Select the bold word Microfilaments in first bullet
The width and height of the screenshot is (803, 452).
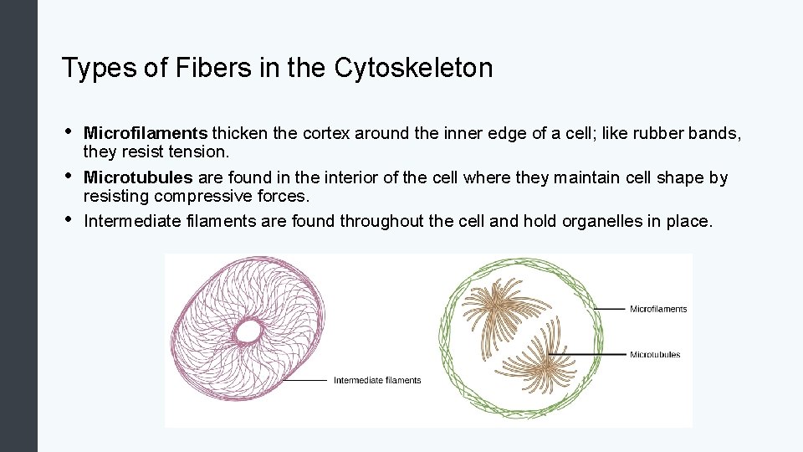tap(146, 134)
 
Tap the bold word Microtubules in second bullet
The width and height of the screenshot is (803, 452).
tap(138, 178)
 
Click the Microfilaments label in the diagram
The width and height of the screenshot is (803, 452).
tap(658, 309)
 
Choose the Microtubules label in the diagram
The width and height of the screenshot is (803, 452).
tap(655, 355)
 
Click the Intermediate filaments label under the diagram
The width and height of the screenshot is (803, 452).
tap(377, 381)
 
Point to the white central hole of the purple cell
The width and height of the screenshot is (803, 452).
tap(248, 332)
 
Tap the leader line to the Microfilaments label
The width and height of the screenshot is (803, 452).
tap(610, 309)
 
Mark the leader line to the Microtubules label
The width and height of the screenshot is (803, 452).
tap(594, 355)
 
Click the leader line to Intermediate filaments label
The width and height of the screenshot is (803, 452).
tap(304, 380)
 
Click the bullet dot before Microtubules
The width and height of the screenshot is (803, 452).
tap(67, 177)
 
